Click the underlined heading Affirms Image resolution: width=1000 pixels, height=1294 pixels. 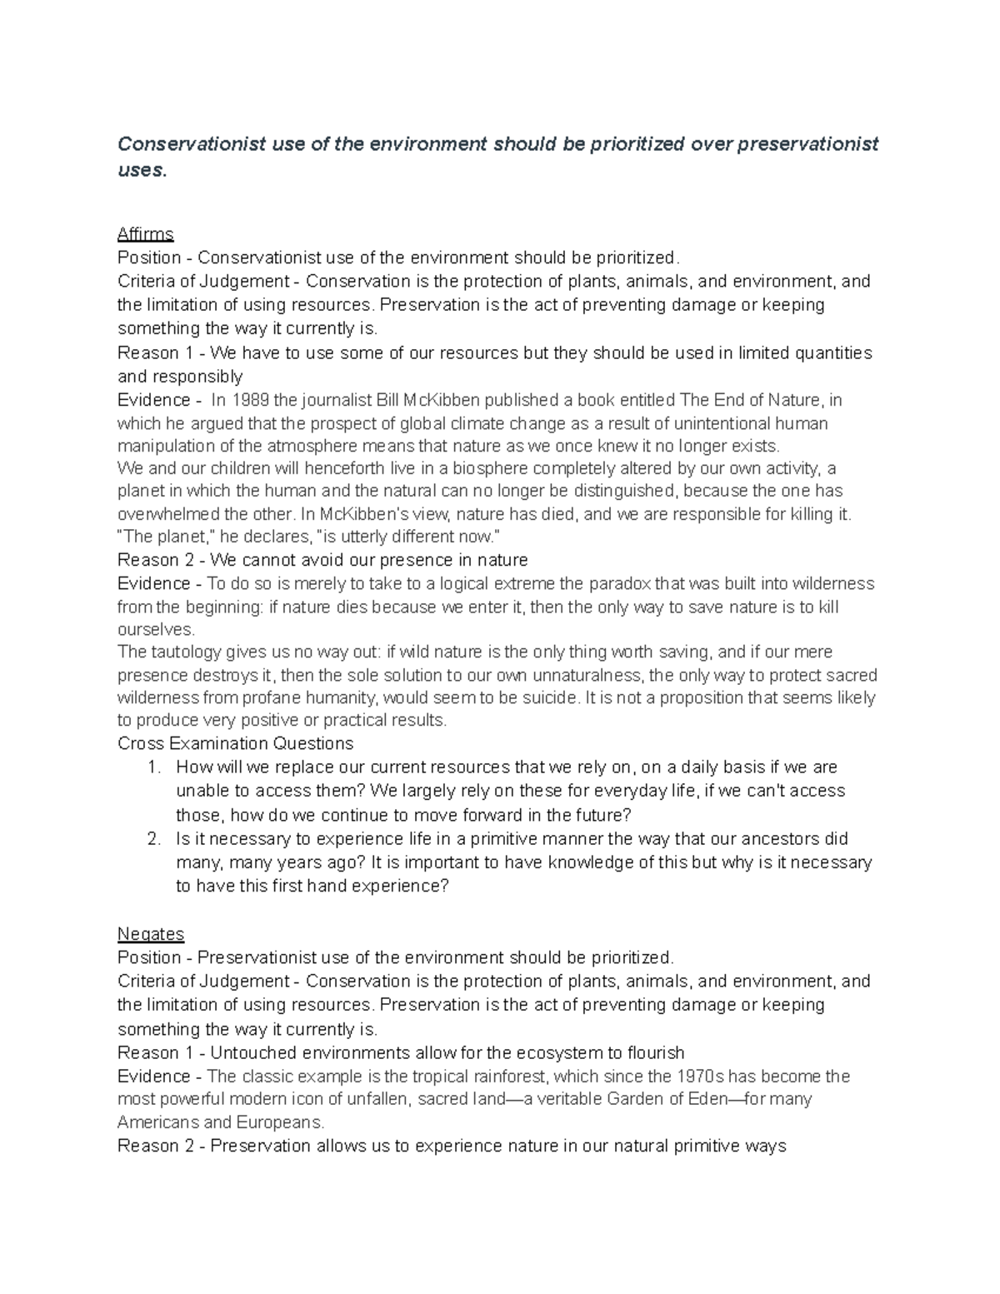(145, 233)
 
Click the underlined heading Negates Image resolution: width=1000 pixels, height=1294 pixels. (150, 933)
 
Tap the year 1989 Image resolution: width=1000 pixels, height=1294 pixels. (253, 401)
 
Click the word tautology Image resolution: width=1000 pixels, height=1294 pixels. (186, 652)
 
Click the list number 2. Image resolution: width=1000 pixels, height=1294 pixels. (152, 839)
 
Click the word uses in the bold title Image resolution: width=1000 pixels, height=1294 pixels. (140, 170)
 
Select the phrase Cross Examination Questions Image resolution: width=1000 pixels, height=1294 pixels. (235, 743)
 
